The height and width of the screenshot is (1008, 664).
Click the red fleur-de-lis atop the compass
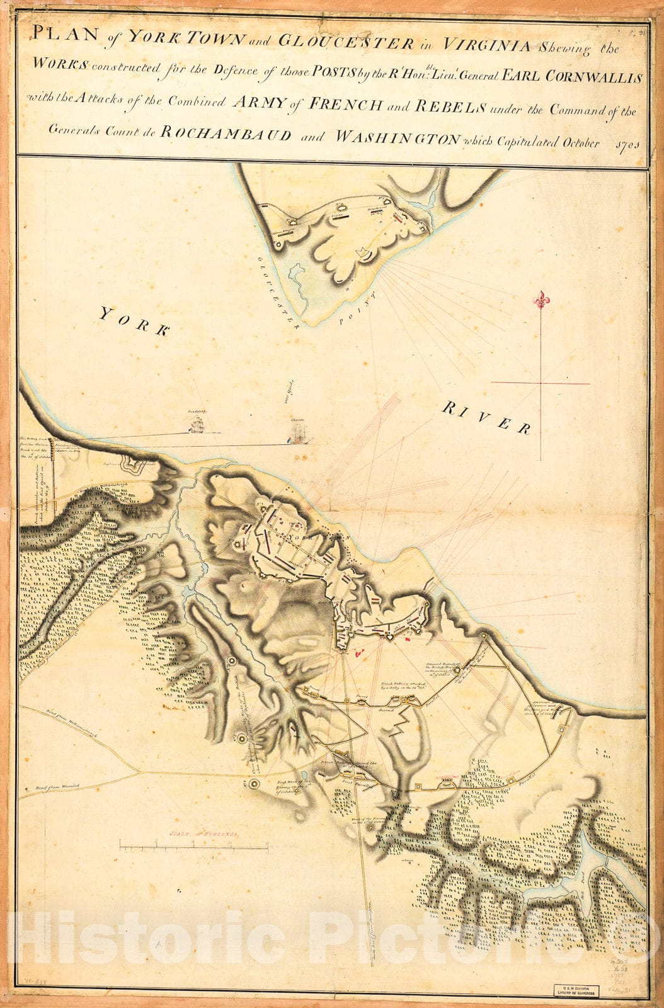coord(541,301)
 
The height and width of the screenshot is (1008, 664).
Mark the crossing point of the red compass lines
coord(541,382)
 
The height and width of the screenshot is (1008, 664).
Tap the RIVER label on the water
coord(486,418)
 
